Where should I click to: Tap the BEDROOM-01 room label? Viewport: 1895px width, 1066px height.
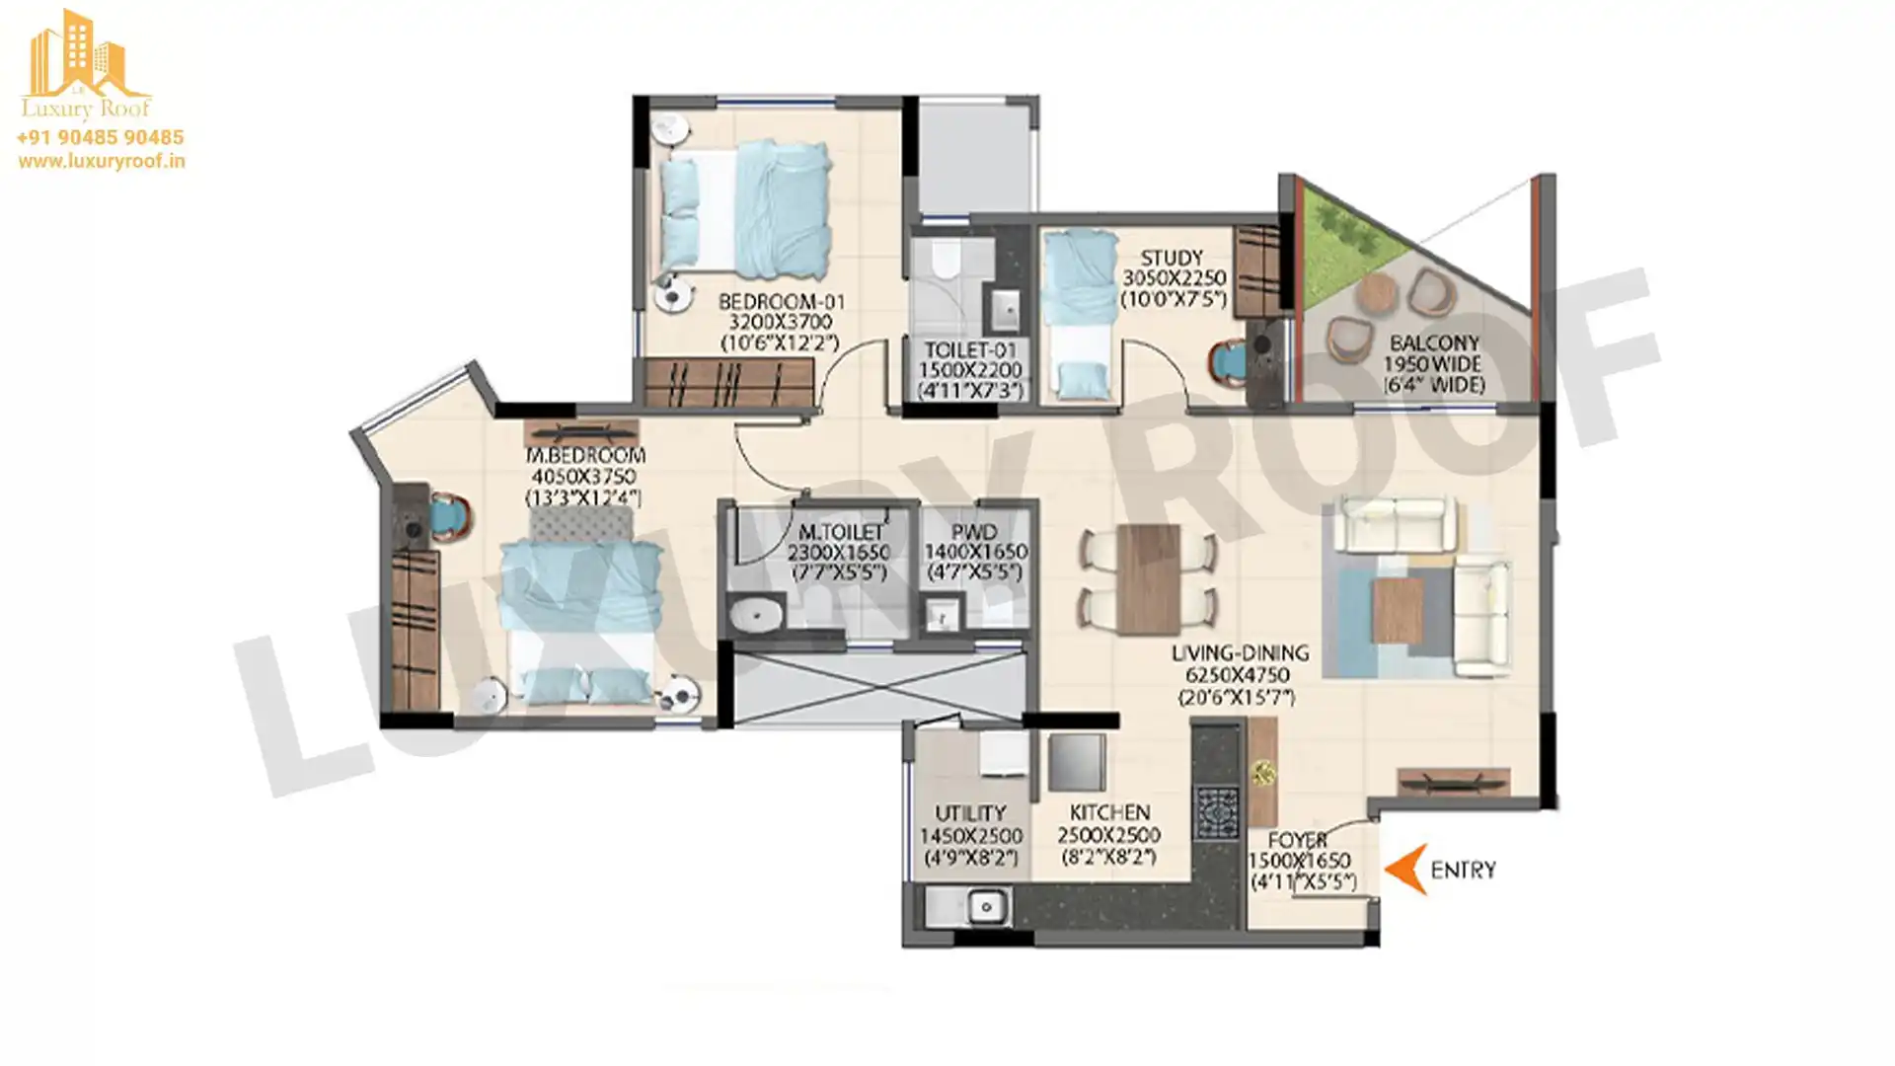(781, 301)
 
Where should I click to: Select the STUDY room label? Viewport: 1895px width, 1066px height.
(1172, 258)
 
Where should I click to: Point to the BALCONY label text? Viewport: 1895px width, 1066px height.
(1434, 343)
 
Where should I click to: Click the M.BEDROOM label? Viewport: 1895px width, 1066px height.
(585, 455)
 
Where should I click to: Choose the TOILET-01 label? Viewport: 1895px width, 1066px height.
(970, 349)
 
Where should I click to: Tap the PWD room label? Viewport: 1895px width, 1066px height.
(974, 531)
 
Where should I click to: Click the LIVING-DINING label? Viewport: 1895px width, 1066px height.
(1240, 652)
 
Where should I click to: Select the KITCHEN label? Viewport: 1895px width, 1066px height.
(1109, 812)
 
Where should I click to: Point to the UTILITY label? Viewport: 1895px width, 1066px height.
(970, 813)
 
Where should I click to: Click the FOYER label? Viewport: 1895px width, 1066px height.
(1297, 840)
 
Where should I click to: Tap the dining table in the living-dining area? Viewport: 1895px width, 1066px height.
(1149, 579)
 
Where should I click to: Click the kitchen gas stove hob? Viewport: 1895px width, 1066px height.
(1216, 812)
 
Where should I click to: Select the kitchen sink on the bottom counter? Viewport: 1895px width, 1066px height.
(985, 906)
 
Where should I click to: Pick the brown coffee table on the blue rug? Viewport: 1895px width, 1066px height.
(1398, 609)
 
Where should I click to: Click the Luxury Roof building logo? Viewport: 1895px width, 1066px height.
(86, 63)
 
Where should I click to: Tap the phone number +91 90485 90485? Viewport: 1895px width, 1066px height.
(100, 137)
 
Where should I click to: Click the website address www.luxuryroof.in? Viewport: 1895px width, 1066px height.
(101, 161)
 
